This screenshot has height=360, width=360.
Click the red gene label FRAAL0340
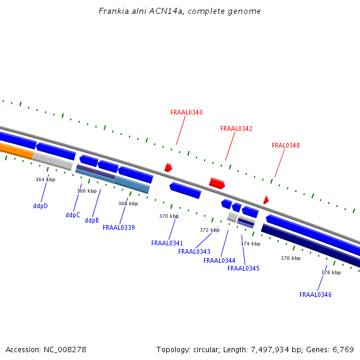click(187, 112)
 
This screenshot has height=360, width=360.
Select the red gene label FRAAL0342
click(236, 128)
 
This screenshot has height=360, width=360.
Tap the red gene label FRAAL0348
click(286, 145)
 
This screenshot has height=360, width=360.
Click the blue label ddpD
click(41, 206)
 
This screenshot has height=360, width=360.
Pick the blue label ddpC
click(73, 215)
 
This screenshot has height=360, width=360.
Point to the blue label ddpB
click(92, 220)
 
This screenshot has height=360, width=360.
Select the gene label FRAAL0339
click(119, 227)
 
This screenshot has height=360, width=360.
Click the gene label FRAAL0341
click(167, 243)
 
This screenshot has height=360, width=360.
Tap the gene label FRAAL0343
click(194, 251)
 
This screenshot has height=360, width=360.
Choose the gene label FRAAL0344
click(220, 260)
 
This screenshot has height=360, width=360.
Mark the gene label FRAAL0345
click(244, 268)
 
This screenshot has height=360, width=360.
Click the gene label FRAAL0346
click(316, 295)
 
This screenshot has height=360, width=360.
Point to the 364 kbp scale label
click(45, 179)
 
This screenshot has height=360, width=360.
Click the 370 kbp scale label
click(169, 216)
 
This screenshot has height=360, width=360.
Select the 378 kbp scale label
click(331, 272)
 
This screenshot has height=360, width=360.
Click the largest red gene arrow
click(217, 183)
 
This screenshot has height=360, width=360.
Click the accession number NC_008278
click(64, 349)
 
